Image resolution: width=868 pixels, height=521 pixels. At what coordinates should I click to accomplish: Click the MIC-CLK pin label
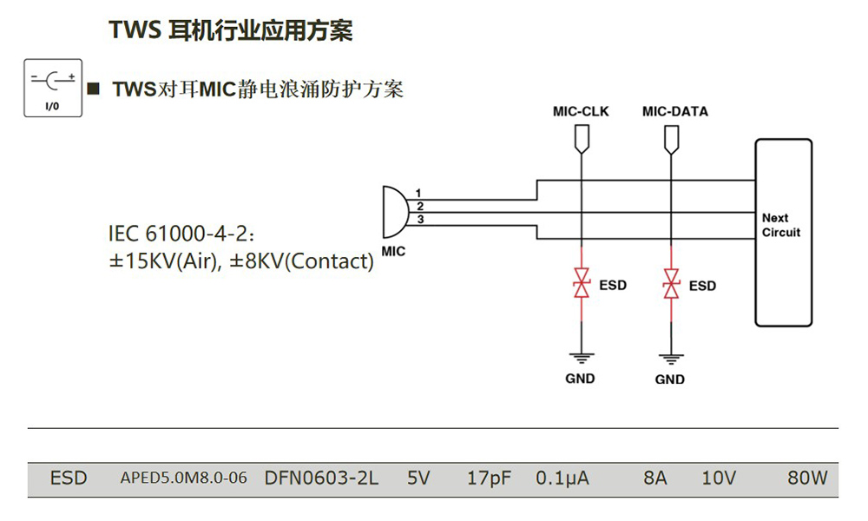pyautogui.click(x=581, y=112)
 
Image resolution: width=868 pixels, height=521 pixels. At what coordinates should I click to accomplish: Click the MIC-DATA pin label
pyautogui.click(x=674, y=112)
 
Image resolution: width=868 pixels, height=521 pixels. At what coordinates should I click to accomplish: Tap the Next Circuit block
pyautogui.click(x=784, y=232)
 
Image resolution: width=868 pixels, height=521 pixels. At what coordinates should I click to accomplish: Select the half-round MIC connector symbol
pyautogui.click(x=393, y=211)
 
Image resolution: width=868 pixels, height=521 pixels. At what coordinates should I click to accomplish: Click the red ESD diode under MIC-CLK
pyautogui.click(x=582, y=284)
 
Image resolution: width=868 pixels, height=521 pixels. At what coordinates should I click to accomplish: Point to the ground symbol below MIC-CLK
pyautogui.click(x=582, y=356)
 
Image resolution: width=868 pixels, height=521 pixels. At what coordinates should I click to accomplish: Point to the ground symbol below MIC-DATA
pyautogui.click(x=669, y=357)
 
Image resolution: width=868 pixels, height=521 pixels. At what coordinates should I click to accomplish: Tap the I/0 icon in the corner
pyautogui.click(x=52, y=88)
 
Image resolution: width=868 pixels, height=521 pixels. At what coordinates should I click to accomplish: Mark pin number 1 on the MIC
pyautogui.click(x=418, y=192)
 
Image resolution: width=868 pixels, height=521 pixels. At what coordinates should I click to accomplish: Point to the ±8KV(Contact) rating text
pyautogui.click(x=301, y=261)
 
